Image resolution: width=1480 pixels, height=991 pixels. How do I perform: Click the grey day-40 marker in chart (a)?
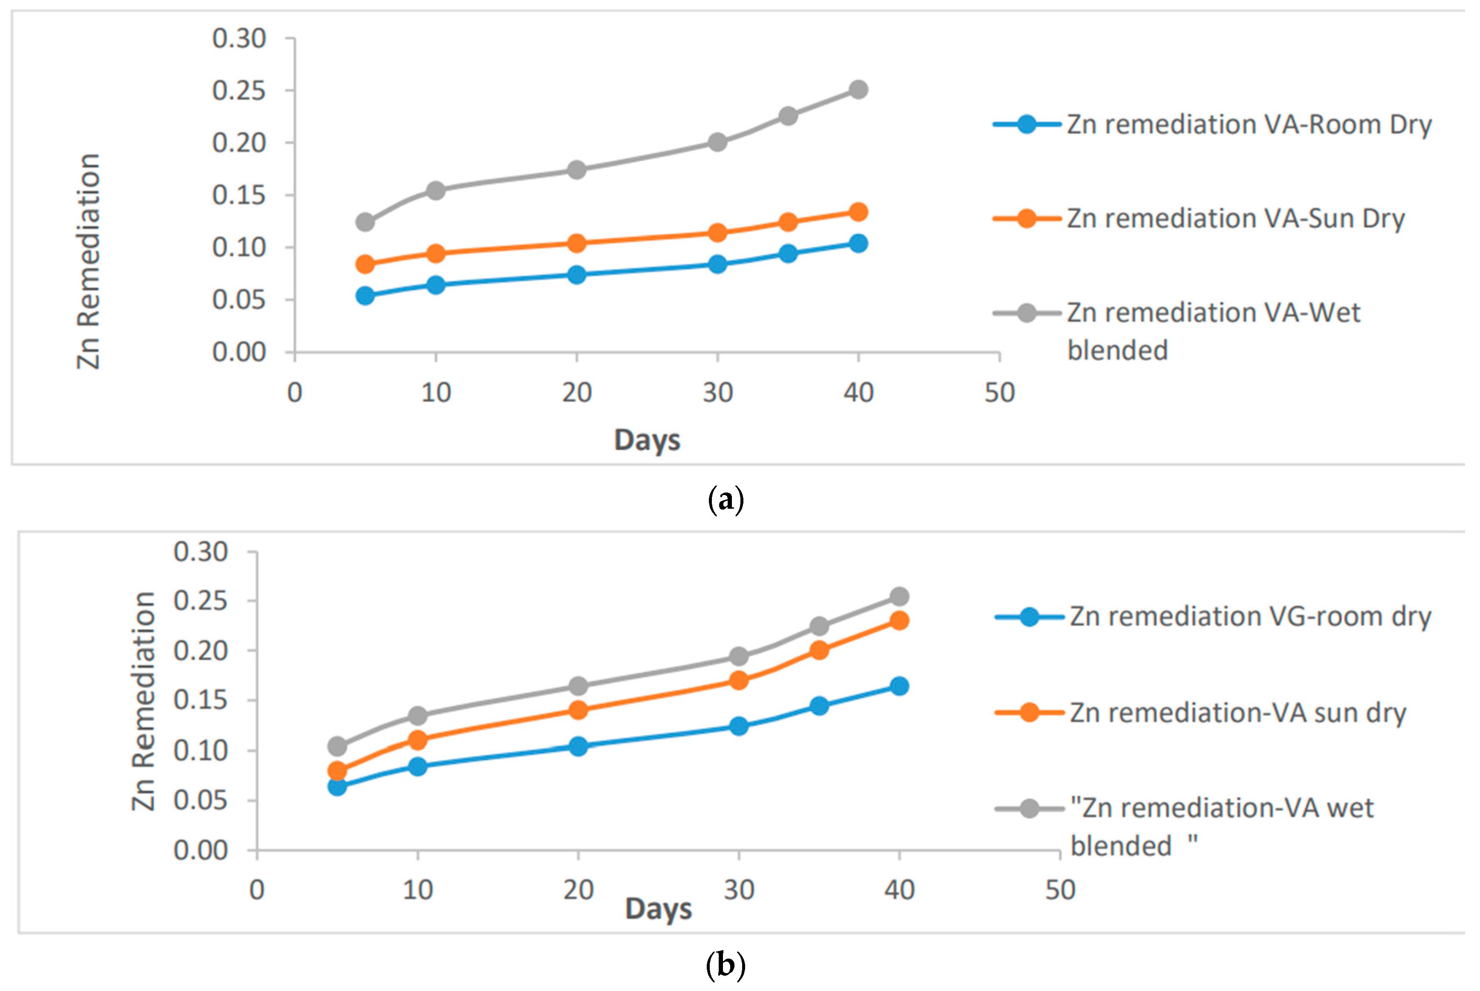858,90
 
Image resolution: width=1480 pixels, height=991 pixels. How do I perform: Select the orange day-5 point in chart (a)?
365,264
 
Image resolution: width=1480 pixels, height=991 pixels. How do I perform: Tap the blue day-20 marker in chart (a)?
576,275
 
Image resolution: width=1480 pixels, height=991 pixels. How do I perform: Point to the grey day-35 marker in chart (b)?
819,626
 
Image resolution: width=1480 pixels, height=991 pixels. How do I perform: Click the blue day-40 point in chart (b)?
899,686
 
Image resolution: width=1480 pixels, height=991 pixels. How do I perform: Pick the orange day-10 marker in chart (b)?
417,740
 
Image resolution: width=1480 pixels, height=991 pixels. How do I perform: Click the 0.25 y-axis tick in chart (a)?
239,91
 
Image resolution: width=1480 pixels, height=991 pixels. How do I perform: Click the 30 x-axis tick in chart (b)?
739,890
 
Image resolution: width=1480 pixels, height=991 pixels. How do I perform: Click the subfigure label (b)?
726,965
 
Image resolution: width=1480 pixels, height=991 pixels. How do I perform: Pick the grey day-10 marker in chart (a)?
435,190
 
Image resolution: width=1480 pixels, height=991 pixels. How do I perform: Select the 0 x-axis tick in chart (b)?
256,890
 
